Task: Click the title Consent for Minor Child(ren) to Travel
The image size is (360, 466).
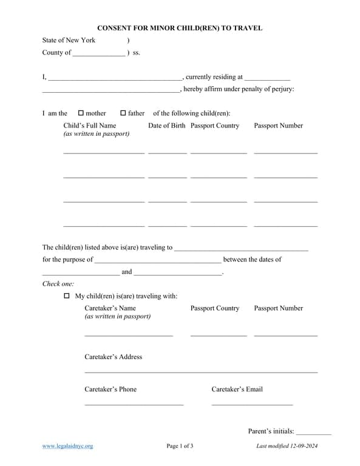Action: (180, 29)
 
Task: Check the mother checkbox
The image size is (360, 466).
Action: (81, 113)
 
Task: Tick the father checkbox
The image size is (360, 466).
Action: (123, 113)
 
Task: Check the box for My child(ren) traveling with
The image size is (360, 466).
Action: (67, 296)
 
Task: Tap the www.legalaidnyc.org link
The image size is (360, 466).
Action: (67, 447)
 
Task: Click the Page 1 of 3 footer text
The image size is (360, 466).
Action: (180, 447)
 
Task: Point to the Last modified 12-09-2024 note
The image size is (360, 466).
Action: (287, 447)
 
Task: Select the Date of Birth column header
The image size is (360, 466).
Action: (167, 126)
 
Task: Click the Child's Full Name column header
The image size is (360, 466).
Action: (90, 126)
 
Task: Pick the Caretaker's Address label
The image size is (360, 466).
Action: (113, 357)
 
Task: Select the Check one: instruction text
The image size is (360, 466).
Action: (58, 283)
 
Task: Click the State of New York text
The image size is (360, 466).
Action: (69, 41)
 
